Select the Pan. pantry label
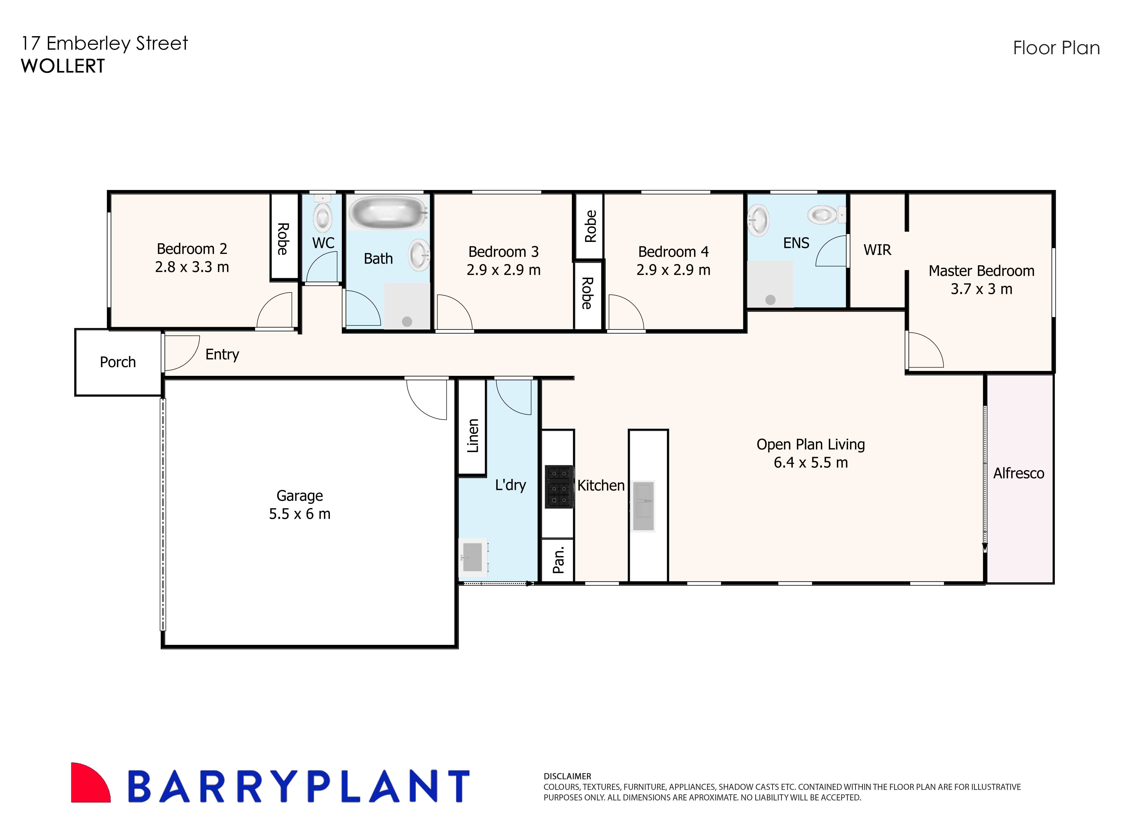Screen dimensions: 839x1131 point(558,560)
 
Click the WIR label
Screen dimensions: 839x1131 point(877,250)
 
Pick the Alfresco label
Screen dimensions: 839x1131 point(1019,473)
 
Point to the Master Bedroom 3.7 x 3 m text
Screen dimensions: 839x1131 point(981,280)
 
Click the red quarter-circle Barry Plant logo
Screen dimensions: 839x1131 point(89,784)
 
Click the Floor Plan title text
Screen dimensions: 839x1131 point(1056,48)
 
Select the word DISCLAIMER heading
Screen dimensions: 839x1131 point(567,776)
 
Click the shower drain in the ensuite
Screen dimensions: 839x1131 point(770,300)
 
